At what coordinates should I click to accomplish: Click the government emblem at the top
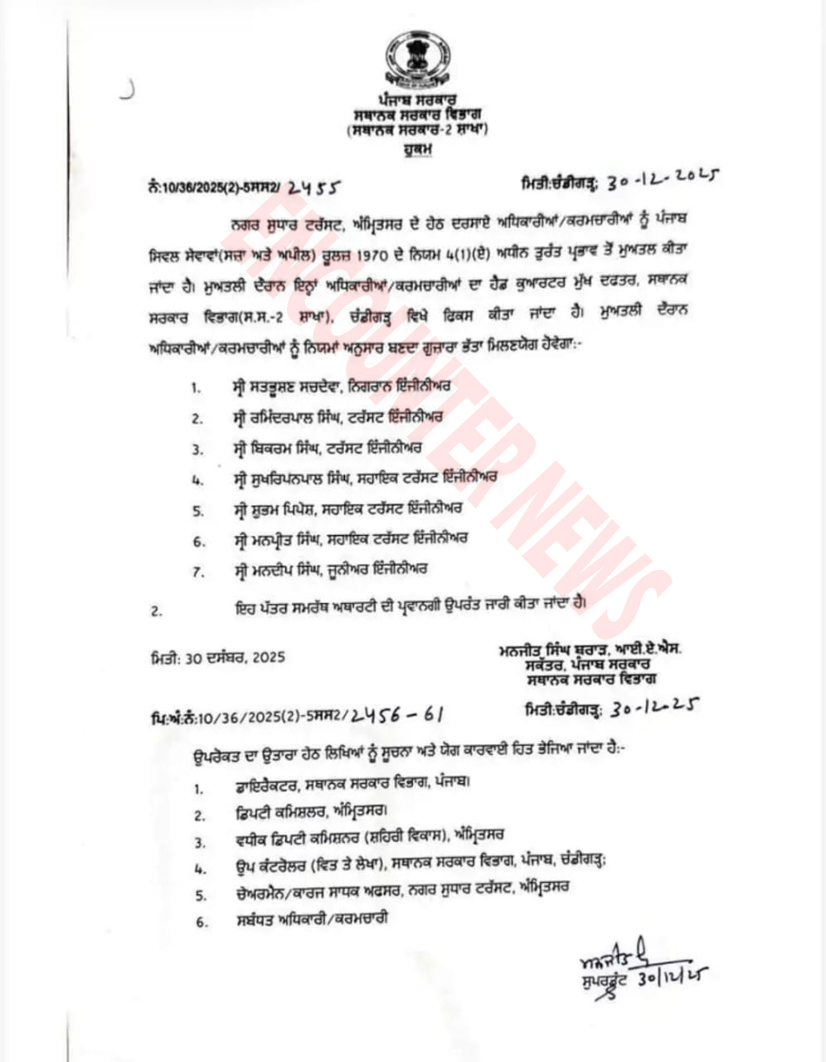tap(416, 61)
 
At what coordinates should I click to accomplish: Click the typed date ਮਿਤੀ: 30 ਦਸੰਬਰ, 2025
tap(218, 657)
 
